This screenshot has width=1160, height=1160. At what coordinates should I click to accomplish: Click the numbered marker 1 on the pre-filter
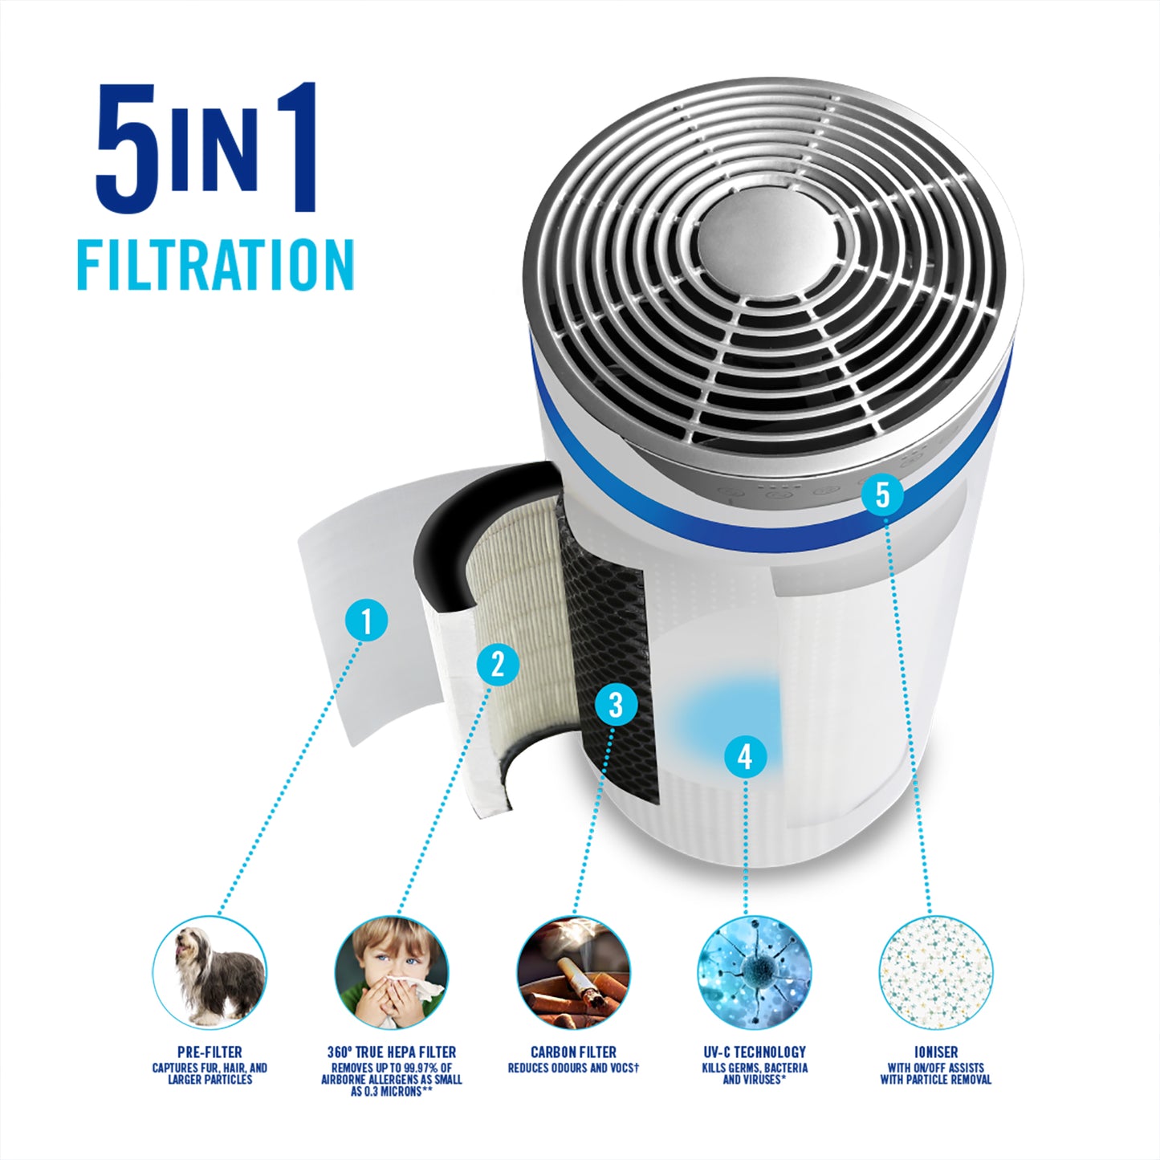(367, 621)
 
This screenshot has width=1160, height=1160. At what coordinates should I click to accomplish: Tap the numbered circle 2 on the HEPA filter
(498, 665)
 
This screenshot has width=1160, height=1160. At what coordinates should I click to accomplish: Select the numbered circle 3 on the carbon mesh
(616, 704)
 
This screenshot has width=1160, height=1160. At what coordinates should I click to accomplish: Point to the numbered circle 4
(745, 756)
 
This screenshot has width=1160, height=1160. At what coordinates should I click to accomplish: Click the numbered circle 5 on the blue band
(882, 495)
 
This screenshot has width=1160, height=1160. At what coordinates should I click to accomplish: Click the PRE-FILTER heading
(210, 1052)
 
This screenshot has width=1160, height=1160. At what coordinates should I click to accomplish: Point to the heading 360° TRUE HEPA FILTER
(392, 1052)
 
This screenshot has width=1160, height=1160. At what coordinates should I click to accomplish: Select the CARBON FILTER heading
(574, 1052)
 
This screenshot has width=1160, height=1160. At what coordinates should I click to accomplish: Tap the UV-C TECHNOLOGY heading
(755, 1052)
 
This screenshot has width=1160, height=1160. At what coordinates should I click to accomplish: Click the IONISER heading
(936, 1052)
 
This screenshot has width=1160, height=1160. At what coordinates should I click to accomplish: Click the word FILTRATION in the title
(215, 265)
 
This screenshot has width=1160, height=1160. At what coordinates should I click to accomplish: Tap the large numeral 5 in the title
(128, 148)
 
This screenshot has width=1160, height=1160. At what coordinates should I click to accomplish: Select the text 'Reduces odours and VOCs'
(574, 1068)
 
